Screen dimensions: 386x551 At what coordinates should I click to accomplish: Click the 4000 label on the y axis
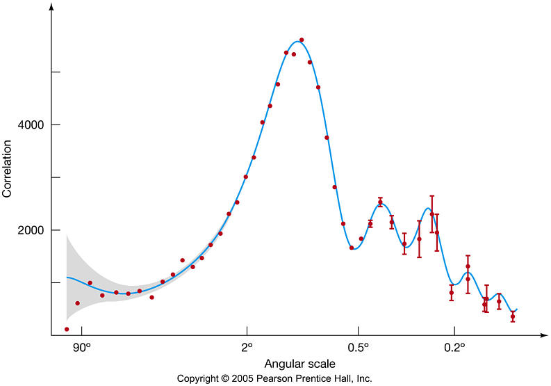28,124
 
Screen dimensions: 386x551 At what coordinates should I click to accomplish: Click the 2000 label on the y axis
28,230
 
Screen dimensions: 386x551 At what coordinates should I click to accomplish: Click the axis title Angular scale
299,364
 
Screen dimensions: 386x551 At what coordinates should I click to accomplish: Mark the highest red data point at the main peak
302,40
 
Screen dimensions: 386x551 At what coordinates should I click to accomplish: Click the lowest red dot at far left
67,329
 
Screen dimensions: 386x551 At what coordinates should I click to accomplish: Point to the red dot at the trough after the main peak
352,248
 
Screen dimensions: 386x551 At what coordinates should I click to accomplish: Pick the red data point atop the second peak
380,202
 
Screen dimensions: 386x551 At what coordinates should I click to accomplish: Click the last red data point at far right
513,316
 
